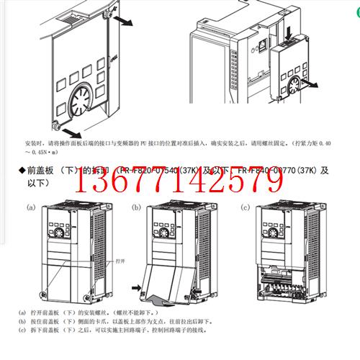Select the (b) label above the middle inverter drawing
click(137, 207)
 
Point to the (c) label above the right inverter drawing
click(244, 207)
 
